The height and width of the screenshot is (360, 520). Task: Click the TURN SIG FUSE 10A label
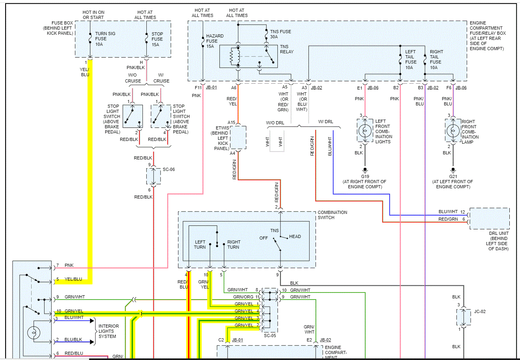[x=105, y=39]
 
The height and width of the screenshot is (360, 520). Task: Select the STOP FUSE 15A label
[x=157, y=39]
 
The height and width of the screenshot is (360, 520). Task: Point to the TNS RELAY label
[x=286, y=49]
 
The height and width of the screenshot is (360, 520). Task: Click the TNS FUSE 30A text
[x=280, y=34]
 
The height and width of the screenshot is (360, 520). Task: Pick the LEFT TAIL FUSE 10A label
[x=410, y=60]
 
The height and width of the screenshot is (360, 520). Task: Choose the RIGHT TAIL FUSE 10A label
[x=436, y=60]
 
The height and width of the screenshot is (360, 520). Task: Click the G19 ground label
[x=365, y=176]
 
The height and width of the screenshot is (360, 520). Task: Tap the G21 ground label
[x=453, y=176]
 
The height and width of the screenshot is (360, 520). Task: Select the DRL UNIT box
[x=489, y=219]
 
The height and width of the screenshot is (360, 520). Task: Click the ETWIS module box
[x=238, y=137]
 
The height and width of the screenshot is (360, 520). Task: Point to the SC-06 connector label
[x=168, y=169]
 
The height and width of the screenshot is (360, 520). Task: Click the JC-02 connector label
[x=480, y=311]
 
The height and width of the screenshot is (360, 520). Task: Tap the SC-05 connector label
[x=270, y=336]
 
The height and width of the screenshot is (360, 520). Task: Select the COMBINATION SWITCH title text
[x=332, y=215]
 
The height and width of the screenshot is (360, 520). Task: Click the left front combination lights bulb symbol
[x=365, y=130]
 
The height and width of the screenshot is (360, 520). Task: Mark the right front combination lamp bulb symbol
[x=453, y=130]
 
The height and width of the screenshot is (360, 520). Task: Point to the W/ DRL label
[x=325, y=122]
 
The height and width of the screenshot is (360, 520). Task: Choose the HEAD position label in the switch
[x=295, y=236]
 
